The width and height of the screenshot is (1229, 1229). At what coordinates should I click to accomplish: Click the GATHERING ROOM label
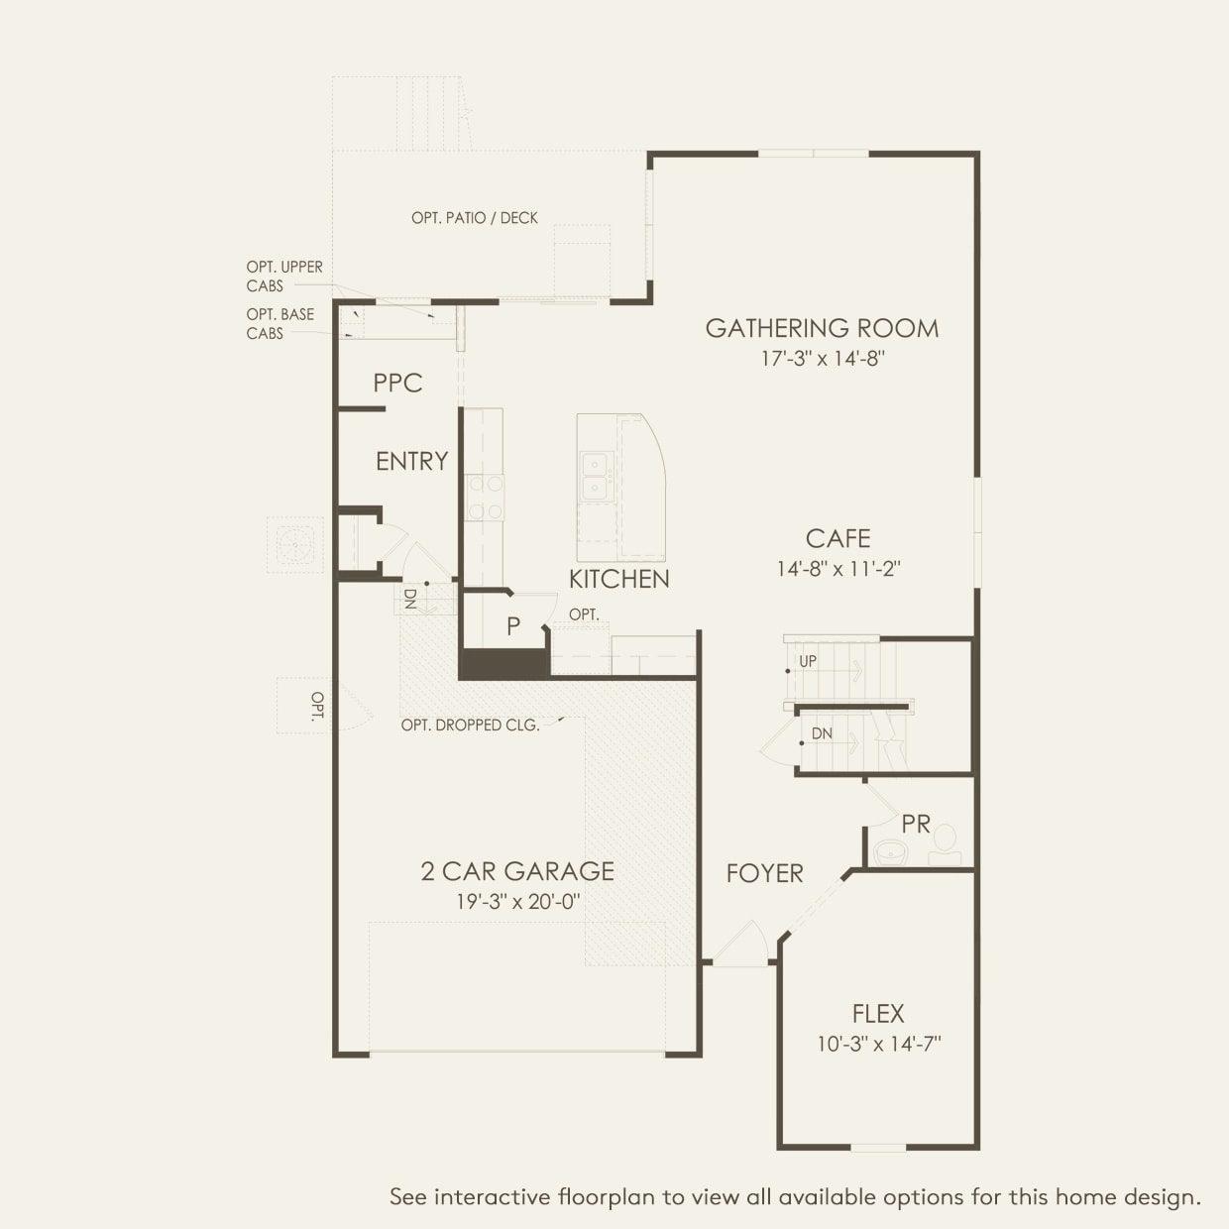tap(822, 328)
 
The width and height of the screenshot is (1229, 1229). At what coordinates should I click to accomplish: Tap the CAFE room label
tap(838, 538)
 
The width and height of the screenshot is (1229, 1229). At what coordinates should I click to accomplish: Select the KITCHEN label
tap(618, 579)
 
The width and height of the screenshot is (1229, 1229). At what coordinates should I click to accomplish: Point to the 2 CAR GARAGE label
tap(517, 871)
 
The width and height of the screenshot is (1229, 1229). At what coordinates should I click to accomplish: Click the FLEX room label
tap(878, 1013)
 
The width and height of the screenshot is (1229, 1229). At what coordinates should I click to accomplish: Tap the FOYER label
tap(764, 873)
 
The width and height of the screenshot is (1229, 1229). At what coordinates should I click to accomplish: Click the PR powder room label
tap(916, 824)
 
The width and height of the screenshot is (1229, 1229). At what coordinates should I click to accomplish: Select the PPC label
tap(397, 383)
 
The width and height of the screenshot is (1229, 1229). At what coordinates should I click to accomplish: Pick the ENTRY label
tap(411, 461)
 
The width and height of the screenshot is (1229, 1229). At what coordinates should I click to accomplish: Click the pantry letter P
tap(513, 626)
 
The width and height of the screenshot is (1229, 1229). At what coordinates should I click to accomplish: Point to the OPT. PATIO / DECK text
tap(475, 218)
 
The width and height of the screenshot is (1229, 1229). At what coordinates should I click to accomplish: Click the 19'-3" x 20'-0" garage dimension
tap(517, 902)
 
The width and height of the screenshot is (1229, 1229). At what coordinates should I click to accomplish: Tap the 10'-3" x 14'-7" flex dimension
tap(878, 1044)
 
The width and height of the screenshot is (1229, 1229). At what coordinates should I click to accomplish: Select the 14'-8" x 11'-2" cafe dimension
tap(838, 569)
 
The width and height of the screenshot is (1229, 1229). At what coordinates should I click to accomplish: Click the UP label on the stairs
tap(809, 661)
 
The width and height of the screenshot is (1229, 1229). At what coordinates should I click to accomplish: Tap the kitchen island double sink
tap(595, 476)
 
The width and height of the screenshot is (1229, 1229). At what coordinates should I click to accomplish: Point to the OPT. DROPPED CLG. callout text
tap(470, 726)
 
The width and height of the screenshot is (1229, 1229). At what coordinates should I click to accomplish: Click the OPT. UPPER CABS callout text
tap(284, 277)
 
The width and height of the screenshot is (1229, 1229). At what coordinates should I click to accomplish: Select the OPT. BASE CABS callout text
tap(280, 324)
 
